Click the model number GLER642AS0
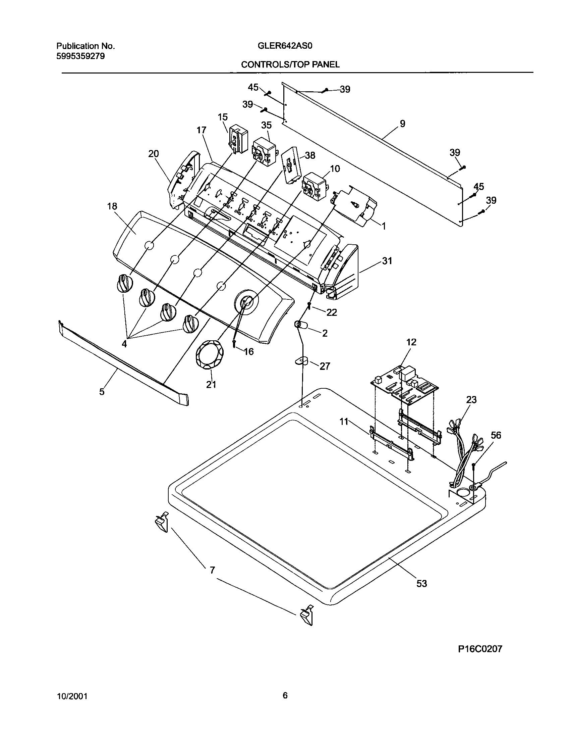(x=285, y=46)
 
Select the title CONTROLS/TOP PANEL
(x=290, y=64)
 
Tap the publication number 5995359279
(x=80, y=56)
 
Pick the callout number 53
(x=421, y=584)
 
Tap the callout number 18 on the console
(x=112, y=206)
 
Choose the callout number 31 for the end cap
(x=387, y=261)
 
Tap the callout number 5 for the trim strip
(x=102, y=391)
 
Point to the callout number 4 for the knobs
(x=124, y=344)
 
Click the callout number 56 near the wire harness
(x=496, y=435)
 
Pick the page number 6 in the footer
(x=285, y=696)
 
